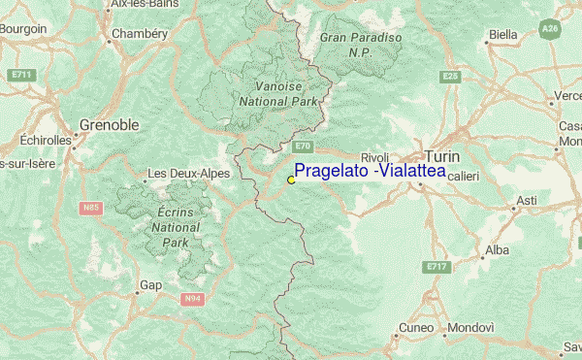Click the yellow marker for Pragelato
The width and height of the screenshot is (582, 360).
291,180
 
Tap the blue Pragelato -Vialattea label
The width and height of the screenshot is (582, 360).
370,171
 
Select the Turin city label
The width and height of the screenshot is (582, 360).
441,157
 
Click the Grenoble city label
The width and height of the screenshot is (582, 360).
109,125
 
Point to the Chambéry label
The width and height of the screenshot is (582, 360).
140,33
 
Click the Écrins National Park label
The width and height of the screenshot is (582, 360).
175,227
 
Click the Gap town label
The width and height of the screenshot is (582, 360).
150,285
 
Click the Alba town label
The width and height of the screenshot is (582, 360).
496,249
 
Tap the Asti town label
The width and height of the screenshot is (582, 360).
526,200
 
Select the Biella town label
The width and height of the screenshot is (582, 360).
502,35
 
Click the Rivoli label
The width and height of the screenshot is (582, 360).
374,157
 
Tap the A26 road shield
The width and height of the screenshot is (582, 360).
551,30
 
